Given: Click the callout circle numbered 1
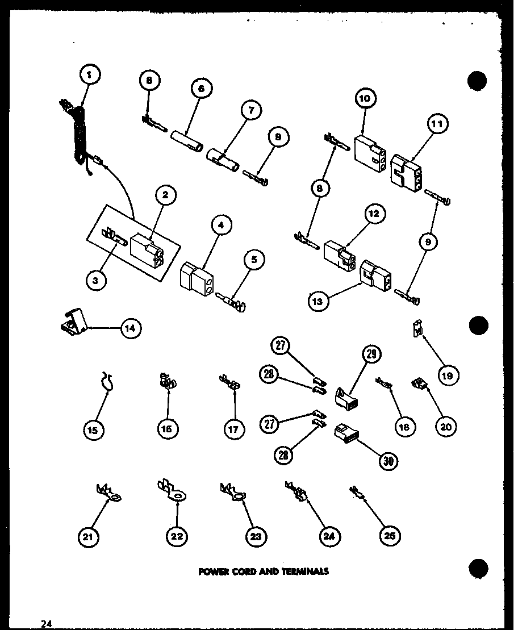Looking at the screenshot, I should tap(90, 74).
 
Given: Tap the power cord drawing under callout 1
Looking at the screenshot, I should tap(78, 133).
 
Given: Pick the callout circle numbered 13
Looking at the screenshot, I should tap(318, 301).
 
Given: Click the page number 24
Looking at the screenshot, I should tap(46, 624).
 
